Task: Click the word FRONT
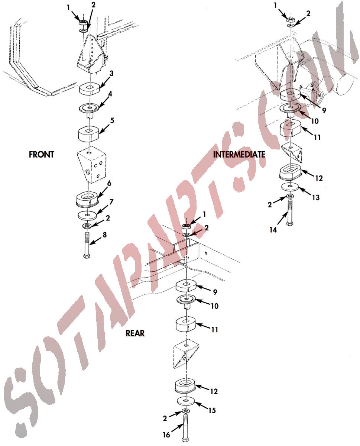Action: click(42, 155)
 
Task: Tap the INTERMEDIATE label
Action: click(239, 155)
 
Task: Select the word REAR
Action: click(135, 333)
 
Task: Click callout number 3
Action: click(111, 74)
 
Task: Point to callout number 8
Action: click(105, 235)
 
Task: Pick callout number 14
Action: click(273, 230)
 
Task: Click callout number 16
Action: click(166, 435)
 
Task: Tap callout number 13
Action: click(316, 197)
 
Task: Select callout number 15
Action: click(212, 410)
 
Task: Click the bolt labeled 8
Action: click(87, 245)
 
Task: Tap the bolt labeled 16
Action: click(185, 427)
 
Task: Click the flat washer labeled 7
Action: click(87, 215)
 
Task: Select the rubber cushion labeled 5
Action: click(89, 133)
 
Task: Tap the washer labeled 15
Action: click(186, 401)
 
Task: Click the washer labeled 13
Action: click(290, 187)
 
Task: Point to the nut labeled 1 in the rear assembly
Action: click(186, 227)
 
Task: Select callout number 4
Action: click(110, 94)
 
